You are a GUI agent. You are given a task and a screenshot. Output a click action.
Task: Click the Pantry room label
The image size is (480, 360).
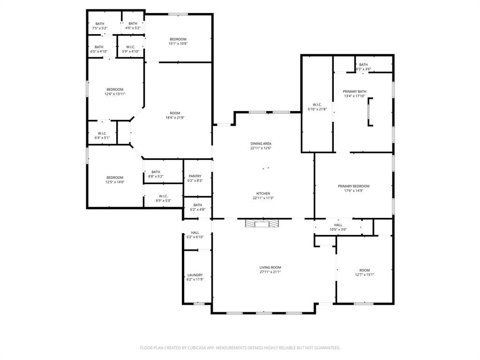[x=195, y=176]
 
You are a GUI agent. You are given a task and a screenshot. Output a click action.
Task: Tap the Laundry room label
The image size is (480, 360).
[x=195, y=275]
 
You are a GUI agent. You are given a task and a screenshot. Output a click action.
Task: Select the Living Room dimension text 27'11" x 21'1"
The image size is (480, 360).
[x=270, y=272]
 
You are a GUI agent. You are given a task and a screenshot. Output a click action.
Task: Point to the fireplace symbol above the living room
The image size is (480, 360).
[x=262, y=224]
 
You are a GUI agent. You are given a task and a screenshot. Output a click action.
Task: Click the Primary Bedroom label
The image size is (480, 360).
[x=353, y=186]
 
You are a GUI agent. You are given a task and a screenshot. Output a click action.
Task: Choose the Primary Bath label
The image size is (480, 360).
[x=354, y=91]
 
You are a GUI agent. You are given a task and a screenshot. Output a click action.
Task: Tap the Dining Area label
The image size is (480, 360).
[x=261, y=143]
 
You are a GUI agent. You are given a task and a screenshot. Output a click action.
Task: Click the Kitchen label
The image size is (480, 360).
[x=263, y=194]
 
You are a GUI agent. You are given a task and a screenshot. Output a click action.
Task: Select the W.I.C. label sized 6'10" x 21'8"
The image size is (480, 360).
[x=317, y=105]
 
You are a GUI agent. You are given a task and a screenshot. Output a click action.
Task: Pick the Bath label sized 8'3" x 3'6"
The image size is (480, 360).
[x=363, y=65]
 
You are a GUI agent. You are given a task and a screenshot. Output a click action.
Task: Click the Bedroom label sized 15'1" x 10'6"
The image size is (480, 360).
[x=178, y=39]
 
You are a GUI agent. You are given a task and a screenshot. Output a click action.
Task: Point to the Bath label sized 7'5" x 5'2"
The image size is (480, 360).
[x=100, y=23]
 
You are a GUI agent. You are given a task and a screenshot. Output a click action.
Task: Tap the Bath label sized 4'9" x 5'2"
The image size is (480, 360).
[x=133, y=23]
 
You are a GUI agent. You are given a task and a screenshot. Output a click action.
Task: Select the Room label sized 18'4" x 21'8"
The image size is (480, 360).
[x=175, y=113]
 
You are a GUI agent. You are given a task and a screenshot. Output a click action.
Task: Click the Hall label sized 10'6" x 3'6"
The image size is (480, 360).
[x=338, y=225]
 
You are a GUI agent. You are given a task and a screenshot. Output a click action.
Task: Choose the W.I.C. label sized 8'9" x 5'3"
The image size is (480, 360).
[x=164, y=196]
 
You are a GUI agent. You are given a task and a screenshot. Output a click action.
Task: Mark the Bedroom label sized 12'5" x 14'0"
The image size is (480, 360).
[x=115, y=178]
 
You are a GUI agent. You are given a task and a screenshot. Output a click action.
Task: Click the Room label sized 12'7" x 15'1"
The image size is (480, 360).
[x=365, y=270]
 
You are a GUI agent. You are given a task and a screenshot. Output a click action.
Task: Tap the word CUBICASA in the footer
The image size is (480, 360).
[x=196, y=348]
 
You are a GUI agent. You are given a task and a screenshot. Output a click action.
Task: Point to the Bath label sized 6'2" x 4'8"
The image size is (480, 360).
[x=198, y=205]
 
